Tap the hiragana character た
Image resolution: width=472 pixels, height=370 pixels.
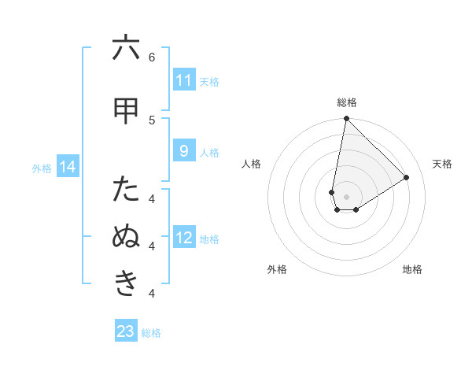[x=126, y=190]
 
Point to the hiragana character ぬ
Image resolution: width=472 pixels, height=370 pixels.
[x=126, y=237]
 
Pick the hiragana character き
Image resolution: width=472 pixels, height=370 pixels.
[x=126, y=283]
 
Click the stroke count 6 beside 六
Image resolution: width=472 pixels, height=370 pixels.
[x=152, y=57]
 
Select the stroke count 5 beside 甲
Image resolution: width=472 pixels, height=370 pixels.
[x=152, y=120]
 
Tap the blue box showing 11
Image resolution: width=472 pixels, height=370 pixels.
[x=183, y=80]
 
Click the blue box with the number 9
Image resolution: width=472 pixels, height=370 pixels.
[x=183, y=150]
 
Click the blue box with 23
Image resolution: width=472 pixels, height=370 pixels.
[x=126, y=331]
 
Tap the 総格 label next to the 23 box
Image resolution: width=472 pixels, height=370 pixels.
[x=151, y=333]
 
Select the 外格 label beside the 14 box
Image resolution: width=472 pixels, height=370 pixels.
[x=42, y=168]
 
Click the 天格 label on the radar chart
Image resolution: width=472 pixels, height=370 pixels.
[x=443, y=164]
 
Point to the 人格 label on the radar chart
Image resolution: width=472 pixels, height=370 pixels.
[x=252, y=164]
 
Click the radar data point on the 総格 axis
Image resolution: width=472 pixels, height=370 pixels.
[x=346, y=118]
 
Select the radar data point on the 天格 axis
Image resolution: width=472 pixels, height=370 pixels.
[x=407, y=177]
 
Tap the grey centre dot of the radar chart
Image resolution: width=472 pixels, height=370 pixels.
[x=346, y=197]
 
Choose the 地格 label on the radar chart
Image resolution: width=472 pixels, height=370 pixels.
[x=412, y=269]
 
